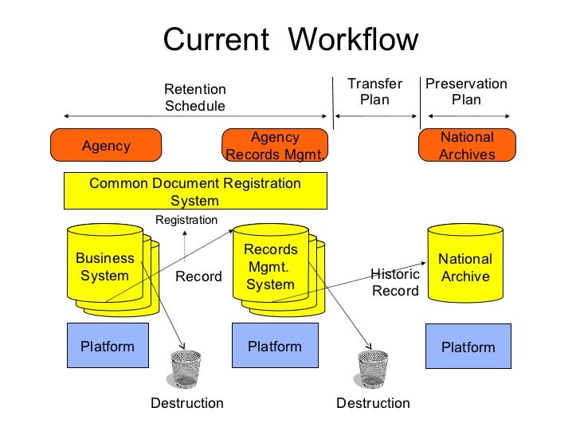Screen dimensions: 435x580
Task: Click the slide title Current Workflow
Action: pyautogui.click(x=290, y=40)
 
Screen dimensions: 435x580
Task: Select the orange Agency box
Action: pyautogui.click(x=106, y=146)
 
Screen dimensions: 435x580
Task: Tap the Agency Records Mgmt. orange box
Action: pyautogui.click(x=275, y=146)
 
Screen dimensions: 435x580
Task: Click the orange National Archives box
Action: pyautogui.click(x=467, y=146)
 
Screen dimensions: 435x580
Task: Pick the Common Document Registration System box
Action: pyautogui.click(x=195, y=192)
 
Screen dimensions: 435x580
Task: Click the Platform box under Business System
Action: pyautogui.click(x=108, y=346)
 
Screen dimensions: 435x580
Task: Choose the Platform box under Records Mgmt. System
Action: pyautogui.click(x=275, y=346)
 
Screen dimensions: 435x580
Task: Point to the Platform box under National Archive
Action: pyautogui.click(x=468, y=347)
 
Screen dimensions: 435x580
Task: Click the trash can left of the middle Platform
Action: pyautogui.click(x=186, y=369)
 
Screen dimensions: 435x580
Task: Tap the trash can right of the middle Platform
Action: pyautogui.click(x=372, y=369)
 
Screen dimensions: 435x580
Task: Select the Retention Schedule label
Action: pyautogui.click(x=195, y=97)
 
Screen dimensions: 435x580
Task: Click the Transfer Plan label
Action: pyautogui.click(x=374, y=92)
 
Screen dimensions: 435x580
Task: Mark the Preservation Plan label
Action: pyautogui.click(x=466, y=92)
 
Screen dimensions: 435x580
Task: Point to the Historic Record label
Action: pyautogui.click(x=395, y=282)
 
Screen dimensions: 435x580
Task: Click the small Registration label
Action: pyautogui.click(x=186, y=220)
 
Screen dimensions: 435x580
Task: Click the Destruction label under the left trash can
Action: pyautogui.click(x=187, y=403)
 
